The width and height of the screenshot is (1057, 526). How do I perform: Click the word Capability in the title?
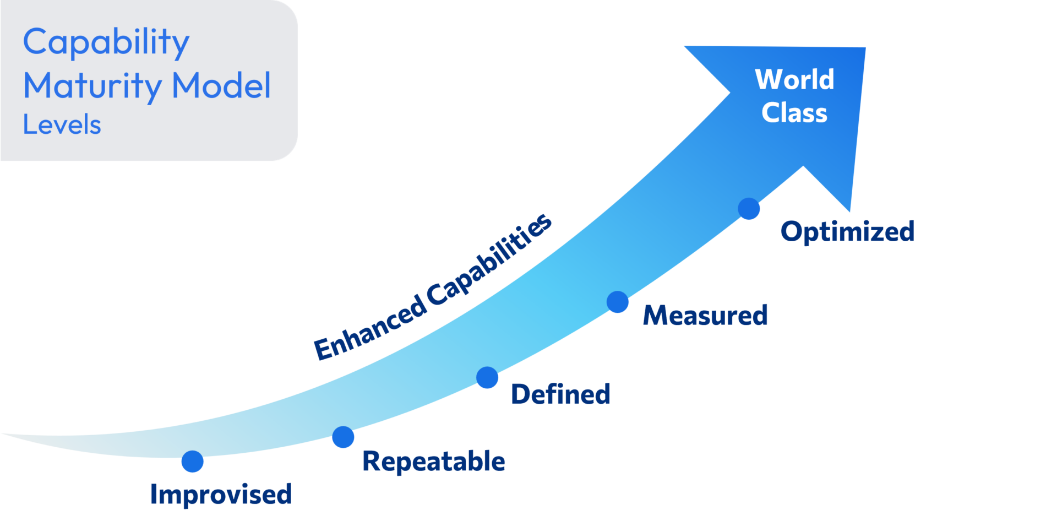(106, 42)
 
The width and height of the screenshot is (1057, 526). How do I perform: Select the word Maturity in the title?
(92, 86)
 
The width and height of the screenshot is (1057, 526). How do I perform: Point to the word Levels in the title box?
(62, 124)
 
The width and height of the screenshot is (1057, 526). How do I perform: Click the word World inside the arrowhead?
(794, 79)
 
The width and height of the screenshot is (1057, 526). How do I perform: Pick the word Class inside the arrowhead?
(794, 113)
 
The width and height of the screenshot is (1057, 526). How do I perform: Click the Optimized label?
(847, 231)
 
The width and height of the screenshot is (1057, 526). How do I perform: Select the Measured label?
(705, 315)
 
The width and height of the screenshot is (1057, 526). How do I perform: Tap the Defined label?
(560, 394)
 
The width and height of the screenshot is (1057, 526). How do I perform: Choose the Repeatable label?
(433, 461)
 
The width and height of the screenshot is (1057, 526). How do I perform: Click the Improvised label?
(221, 494)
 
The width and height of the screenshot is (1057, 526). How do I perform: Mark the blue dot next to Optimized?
(749, 209)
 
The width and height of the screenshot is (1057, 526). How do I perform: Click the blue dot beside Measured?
(618, 302)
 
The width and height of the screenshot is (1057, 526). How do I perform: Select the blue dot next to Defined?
(487, 377)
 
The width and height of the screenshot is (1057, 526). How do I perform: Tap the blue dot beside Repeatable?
(343, 437)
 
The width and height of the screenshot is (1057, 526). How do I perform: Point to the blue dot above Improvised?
(192, 461)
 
